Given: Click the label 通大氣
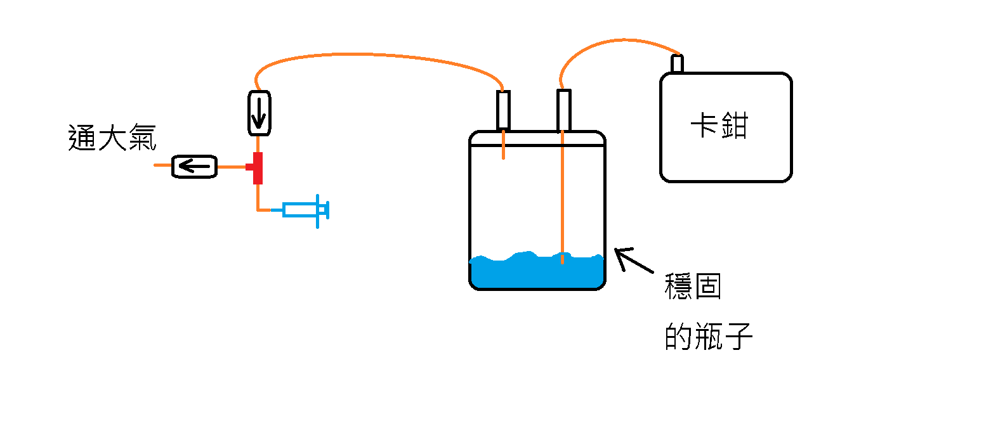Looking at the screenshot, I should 112,138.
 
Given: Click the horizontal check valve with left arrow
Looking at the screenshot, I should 195,167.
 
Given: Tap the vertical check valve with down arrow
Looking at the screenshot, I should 258,112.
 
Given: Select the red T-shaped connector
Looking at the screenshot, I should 257,168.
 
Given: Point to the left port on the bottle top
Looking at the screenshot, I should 503,110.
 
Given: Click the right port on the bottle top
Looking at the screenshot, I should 563,110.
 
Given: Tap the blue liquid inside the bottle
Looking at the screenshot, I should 536,273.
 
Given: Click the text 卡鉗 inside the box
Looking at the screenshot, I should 719,127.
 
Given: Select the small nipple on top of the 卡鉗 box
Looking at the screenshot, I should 677,64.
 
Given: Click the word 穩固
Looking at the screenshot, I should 693,287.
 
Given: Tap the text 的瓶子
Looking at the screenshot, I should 709,337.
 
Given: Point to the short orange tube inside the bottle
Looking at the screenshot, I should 503,145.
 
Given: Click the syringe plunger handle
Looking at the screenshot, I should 325,209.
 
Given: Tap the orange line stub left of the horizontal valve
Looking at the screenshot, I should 163,166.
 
